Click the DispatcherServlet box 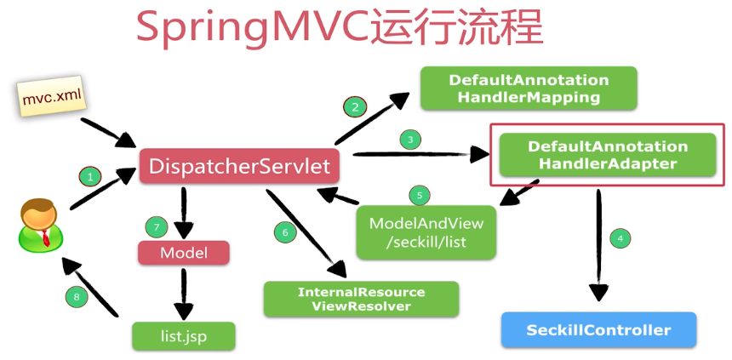click(x=239, y=166)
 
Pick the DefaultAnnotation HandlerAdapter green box click(x=607, y=155)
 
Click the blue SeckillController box click(x=598, y=330)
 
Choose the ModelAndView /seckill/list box click(x=426, y=232)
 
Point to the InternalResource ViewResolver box click(x=361, y=299)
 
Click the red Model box click(x=184, y=253)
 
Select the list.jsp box click(x=183, y=335)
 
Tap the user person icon click(x=39, y=224)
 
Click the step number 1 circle click(x=89, y=177)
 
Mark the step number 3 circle click(x=409, y=139)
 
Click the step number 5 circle click(x=419, y=195)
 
